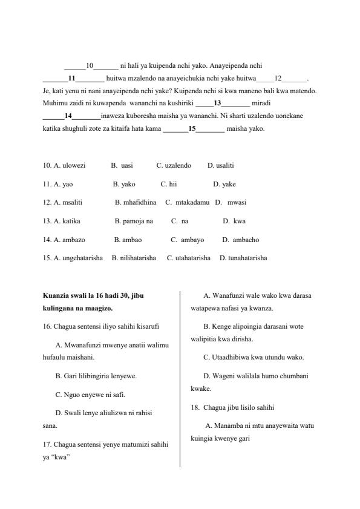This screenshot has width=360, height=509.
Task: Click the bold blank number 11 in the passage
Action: pos(71,78)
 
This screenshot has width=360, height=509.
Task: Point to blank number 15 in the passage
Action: pos(192,129)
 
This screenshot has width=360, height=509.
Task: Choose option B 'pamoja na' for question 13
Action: pos(134,221)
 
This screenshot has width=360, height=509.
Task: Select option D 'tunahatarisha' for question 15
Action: pos(243,258)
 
